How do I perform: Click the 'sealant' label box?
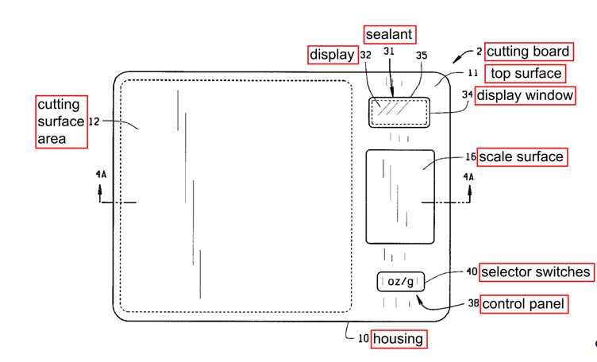390,35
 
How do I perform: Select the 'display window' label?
525,95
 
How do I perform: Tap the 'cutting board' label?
529,52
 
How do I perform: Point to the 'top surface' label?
525,74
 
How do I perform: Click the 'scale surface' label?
522,157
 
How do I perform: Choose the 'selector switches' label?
537,272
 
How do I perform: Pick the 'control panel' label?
524,304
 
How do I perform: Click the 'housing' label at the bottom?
399,339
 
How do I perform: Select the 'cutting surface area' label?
61,121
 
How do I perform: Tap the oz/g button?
400,282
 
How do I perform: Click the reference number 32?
365,56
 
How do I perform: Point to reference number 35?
422,56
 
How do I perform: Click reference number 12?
94,121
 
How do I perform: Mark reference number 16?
471,157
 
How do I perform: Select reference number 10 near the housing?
364,338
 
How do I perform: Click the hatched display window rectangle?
399,112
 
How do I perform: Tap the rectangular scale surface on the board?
400,196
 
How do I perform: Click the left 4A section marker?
101,175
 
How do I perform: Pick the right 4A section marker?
468,177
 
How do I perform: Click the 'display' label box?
333,55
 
